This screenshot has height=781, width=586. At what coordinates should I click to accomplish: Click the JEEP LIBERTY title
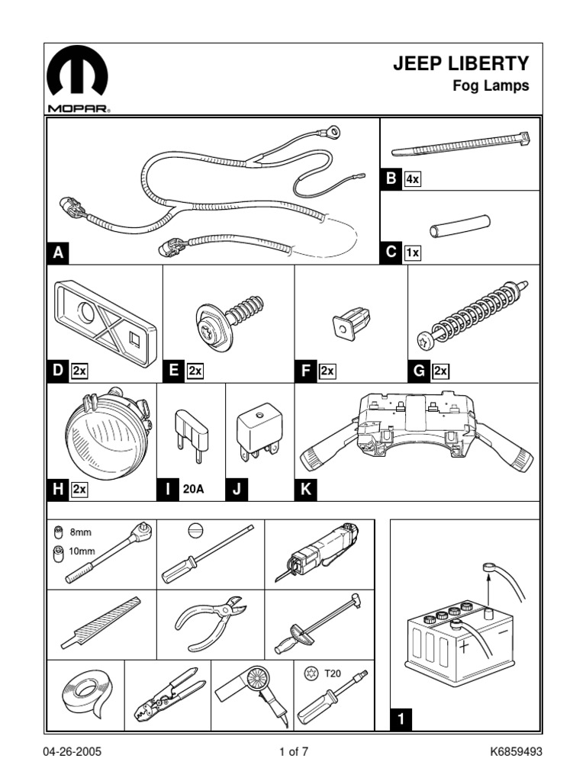click(x=460, y=64)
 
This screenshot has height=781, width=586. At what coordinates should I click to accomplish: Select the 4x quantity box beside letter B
click(x=413, y=179)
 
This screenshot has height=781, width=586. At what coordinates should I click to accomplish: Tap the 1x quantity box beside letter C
click(x=413, y=252)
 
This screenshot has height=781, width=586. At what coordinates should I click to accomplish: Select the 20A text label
click(x=192, y=490)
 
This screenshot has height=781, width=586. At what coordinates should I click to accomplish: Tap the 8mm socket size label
click(x=80, y=533)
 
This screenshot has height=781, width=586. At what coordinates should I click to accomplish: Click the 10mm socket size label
click(x=82, y=551)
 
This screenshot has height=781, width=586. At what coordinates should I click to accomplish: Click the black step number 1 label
click(x=401, y=717)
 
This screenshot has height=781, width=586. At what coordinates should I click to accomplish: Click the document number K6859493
click(x=516, y=751)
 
